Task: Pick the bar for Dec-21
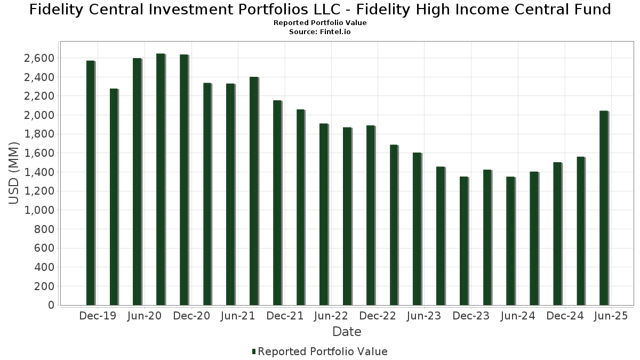(277, 203)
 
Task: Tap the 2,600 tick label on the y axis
(39, 58)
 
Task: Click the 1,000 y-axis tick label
(39, 210)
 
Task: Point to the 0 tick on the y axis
(51, 305)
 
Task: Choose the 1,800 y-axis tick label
(39, 134)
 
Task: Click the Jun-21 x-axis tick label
(237, 316)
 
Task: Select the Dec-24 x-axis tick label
(565, 316)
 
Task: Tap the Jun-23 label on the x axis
(423, 316)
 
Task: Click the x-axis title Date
(347, 332)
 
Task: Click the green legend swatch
(254, 351)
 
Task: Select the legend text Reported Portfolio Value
(323, 351)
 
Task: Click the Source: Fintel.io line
(320, 31)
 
